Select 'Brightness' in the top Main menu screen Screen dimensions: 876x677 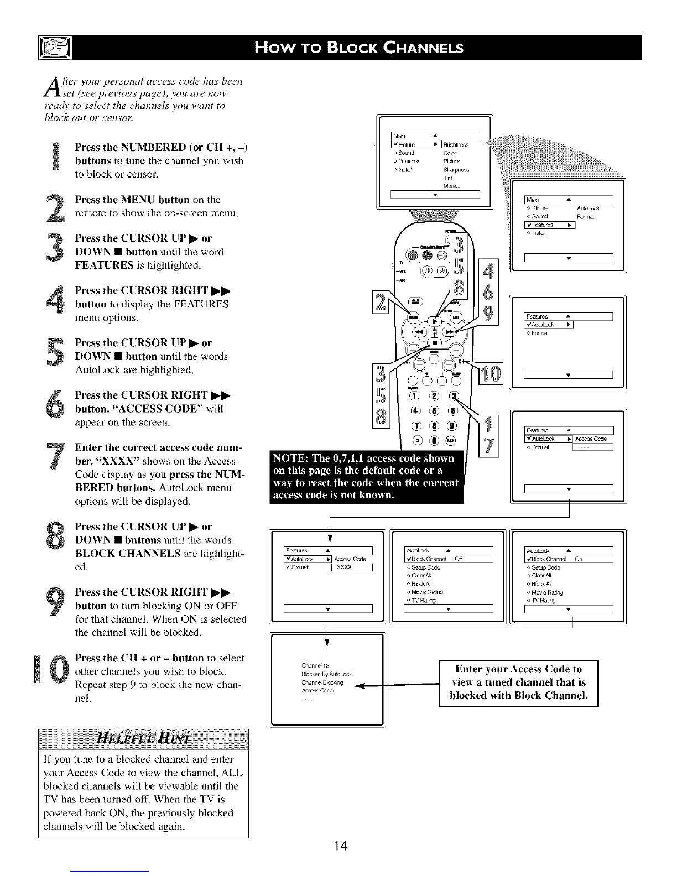[456, 145]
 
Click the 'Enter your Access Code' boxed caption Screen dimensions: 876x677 [518, 682]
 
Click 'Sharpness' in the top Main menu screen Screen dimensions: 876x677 [456, 170]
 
